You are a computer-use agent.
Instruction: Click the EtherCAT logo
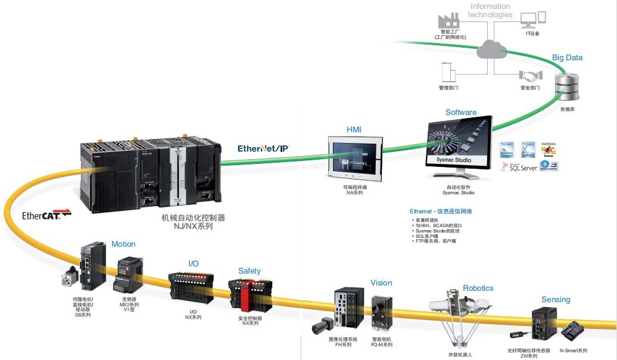coord(46,215)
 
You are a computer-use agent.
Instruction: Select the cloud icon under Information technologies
coord(491,49)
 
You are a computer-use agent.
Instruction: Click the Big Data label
coord(567,58)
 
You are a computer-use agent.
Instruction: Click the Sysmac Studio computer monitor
coord(459,145)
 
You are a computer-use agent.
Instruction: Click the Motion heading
coord(123,244)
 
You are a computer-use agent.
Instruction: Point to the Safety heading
coord(250,271)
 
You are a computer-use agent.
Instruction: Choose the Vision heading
coord(381,283)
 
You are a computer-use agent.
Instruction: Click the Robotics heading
coord(478,288)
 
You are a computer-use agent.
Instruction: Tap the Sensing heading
coord(556,299)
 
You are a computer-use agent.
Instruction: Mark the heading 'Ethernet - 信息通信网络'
coord(441,211)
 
